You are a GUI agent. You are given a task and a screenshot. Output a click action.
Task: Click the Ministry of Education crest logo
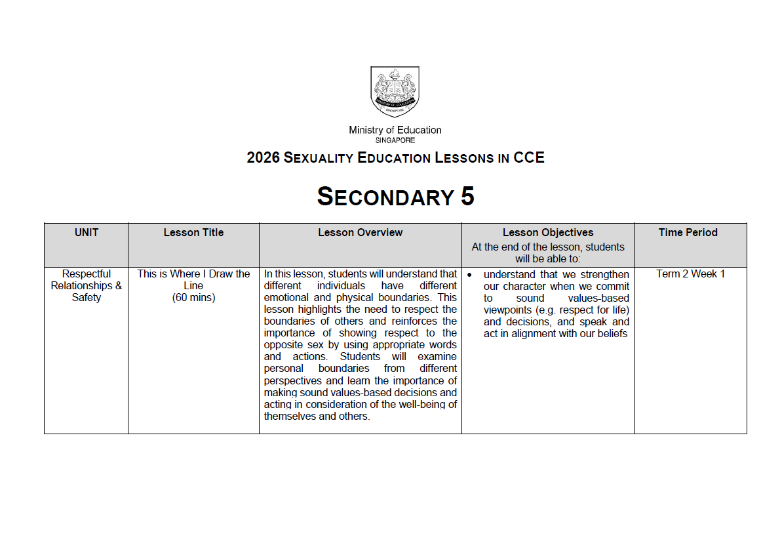pyautogui.click(x=395, y=91)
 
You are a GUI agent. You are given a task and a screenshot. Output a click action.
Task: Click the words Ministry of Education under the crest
pyautogui.click(x=395, y=130)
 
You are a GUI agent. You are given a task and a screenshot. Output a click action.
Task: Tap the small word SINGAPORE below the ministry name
pyautogui.click(x=395, y=140)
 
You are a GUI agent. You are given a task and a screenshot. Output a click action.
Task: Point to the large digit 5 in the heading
pyautogui.click(x=467, y=197)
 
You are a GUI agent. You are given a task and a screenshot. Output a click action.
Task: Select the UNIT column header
pyautogui.click(x=87, y=232)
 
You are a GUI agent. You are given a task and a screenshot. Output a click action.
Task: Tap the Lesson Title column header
pyautogui.click(x=193, y=232)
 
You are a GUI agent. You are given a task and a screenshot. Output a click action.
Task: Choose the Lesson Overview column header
pyautogui.click(x=360, y=232)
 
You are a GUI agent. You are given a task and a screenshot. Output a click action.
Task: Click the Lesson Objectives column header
pyautogui.click(x=547, y=232)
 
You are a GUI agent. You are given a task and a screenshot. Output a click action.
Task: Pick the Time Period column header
pyautogui.click(x=688, y=232)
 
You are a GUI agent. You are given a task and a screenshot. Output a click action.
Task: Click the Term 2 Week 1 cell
pyautogui.click(x=690, y=274)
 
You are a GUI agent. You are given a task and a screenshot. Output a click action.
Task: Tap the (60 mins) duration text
pyautogui.click(x=193, y=297)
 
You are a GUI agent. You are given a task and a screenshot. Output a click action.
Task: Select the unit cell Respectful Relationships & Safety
pyautogui.click(x=87, y=285)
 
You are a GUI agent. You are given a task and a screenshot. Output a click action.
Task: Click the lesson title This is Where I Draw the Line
pyautogui.click(x=193, y=279)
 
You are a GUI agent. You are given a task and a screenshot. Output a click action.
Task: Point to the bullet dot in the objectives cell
pyautogui.click(x=469, y=274)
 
